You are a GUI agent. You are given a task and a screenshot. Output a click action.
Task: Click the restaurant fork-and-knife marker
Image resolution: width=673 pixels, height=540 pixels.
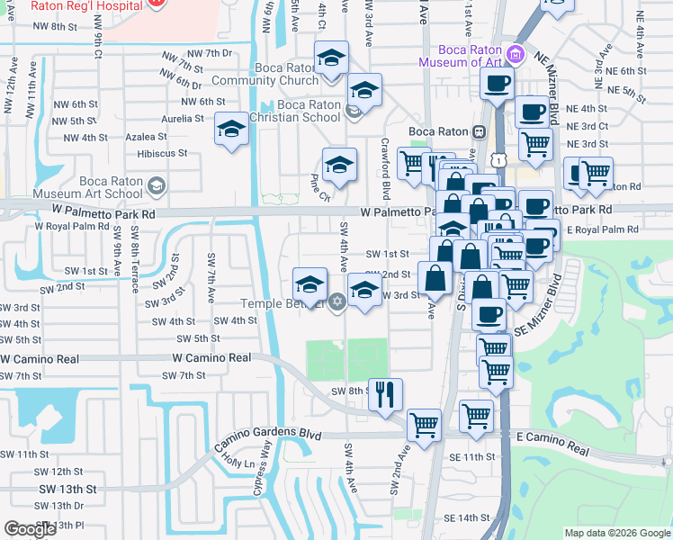coord(385,393)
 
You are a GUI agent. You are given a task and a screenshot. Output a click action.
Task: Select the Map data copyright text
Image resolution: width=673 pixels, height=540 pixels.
coord(616,533)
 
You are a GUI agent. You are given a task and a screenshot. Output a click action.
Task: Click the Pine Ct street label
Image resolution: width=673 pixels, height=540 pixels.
coord(320,186)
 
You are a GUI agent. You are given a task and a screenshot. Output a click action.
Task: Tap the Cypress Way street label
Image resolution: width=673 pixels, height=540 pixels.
coord(265,466)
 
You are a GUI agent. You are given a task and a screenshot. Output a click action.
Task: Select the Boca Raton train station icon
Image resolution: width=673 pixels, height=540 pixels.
coord(480,131)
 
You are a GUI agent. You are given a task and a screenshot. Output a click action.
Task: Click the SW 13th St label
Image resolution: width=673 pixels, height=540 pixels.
coord(67,488)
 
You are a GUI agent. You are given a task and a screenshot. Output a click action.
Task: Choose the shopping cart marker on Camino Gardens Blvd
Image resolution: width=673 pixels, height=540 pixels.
coord(424,424)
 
